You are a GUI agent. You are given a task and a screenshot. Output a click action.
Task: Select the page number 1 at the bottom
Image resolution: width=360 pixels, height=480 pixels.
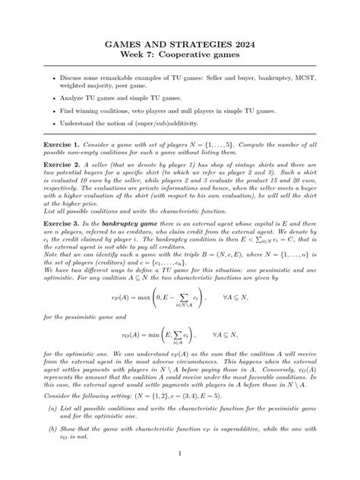coord(179,453)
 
